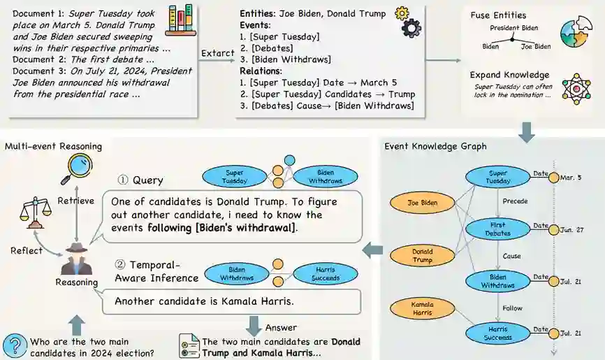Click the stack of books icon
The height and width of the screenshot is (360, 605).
(181, 20)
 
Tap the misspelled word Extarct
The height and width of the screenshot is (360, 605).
(217, 53)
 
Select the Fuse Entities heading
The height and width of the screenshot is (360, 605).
(498, 15)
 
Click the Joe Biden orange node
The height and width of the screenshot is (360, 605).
(423, 203)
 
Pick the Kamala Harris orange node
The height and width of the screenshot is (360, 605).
(422, 308)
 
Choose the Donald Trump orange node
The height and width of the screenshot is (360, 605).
(422, 256)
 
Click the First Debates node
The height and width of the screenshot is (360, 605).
(497, 228)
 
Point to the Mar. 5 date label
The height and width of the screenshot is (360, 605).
(576, 178)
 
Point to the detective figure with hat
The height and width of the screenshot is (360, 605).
(76, 258)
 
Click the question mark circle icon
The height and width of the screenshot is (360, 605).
(14, 345)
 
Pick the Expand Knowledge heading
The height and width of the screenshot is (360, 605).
(509, 75)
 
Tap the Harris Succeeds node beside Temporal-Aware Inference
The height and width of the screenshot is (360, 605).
(321, 273)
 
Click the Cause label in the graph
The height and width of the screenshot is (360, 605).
(512, 256)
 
